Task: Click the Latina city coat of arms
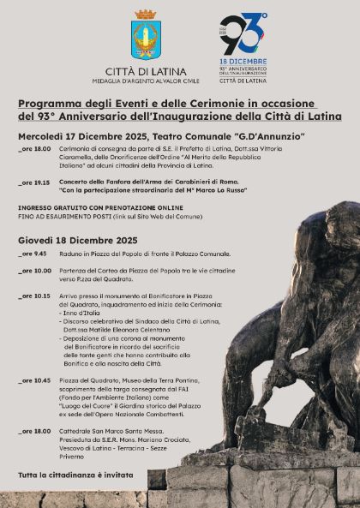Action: tap(144, 37)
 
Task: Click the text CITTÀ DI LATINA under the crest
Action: tap(144, 72)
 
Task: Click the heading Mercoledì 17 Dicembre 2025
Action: tap(82, 135)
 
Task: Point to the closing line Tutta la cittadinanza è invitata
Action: tap(75, 474)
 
